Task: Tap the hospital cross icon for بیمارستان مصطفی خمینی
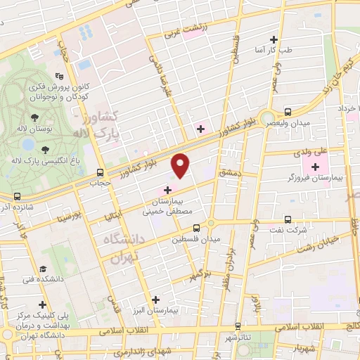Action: pyautogui.click(x=167, y=189)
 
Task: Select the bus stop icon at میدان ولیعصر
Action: pyautogui.click(x=287, y=112)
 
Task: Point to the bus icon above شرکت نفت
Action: pyautogui.click(x=287, y=219)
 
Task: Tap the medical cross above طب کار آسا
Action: pyautogui.click(x=274, y=39)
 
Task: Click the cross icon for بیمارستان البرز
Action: pyautogui.click(x=155, y=299)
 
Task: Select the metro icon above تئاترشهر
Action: pyautogui.click(x=239, y=326)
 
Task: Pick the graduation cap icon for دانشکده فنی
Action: pyautogui.click(x=44, y=269)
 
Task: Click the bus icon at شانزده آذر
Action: pyautogui.click(x=16, y=197)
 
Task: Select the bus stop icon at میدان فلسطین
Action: pyautogui.click(x=198, y=227)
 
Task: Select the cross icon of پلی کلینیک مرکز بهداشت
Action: pyautogui.click(x=44, y=306)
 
